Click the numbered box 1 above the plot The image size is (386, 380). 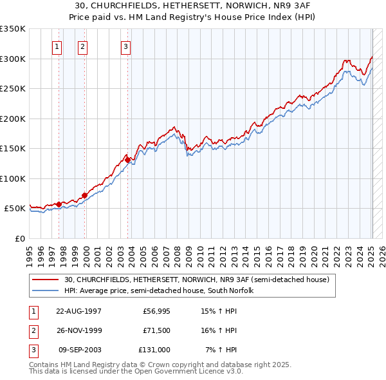pyautogui.click(x=57, y=46)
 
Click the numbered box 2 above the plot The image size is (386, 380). pyautogui.click(x=83, y=46)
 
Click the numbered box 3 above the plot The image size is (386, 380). pyautogui.click(x=125, y=46)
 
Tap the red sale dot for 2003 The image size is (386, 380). pyautogui.click(x=128, y=160)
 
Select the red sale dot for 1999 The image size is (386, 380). pyautogui.click(x=84, y=195)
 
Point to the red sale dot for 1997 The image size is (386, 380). pyautogui.click(x=59, y=204)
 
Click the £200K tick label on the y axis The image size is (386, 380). pyautogui.click(x=12, y=119)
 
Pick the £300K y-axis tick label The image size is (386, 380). pyautogui.click(x=12, y=59)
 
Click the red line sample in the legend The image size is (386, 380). pyautogui.click(x=46, y=280)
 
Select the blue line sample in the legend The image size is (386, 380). pyautogui.click(x=46, y=290)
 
